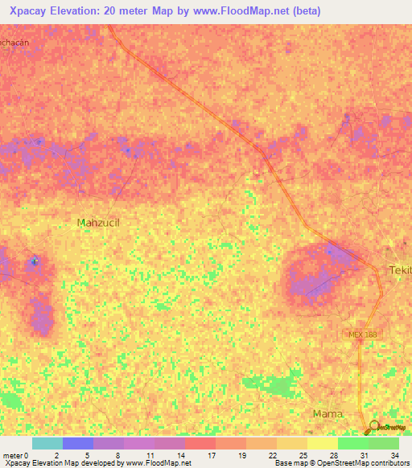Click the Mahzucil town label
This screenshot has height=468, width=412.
97,222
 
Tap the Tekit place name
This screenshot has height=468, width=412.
400,270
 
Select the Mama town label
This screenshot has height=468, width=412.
327,414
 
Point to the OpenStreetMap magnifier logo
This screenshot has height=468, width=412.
373,428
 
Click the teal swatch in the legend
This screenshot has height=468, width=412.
47,443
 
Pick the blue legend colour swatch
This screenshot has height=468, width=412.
77,443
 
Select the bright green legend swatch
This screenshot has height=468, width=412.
352,443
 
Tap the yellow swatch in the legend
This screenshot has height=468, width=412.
322,443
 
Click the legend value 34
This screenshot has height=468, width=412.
394,455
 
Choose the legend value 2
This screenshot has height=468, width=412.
56,455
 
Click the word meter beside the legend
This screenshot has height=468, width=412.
13,455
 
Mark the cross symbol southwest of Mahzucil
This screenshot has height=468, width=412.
34,261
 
